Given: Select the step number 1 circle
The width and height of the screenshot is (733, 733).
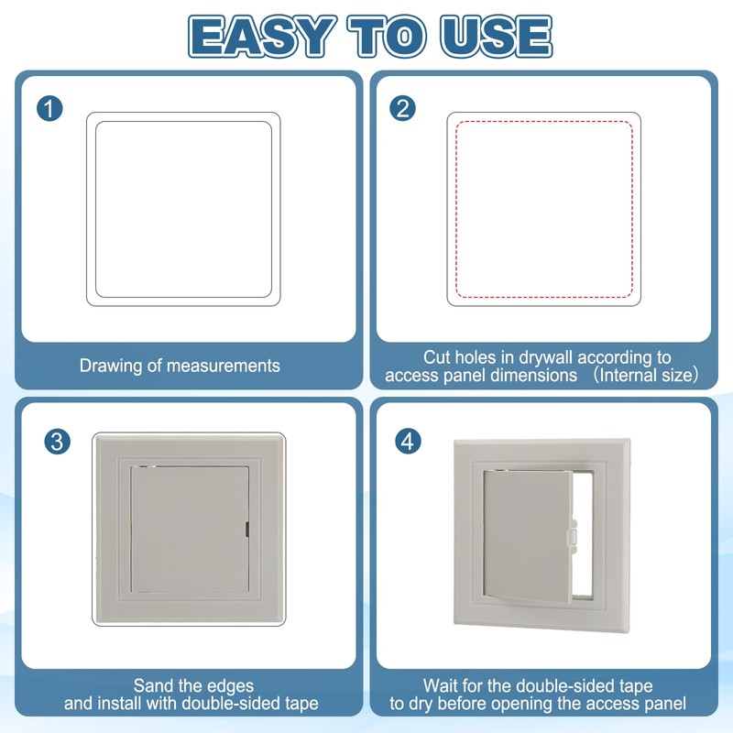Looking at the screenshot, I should point(51,109).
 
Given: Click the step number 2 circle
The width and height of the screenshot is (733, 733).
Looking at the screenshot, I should point(402,109).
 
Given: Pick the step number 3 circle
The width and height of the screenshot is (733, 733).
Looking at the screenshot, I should point(57,441).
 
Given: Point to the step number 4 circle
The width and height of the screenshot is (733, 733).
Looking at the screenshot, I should point(409,441).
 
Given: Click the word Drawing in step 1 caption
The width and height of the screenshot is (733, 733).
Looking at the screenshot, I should point(110,366).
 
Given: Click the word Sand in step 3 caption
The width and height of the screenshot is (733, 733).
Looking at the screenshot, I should point(151,685).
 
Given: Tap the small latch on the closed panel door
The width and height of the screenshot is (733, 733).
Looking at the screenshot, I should point(248,528).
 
